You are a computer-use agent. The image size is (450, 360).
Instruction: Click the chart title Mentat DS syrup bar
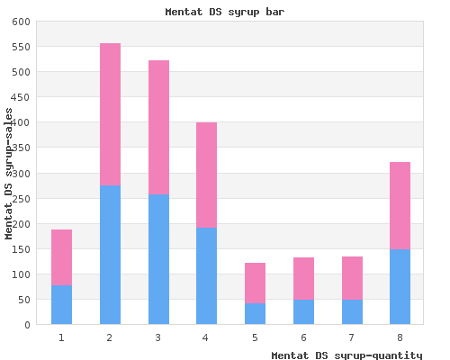pos(225,12)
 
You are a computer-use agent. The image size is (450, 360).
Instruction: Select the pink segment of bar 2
pos(110,114)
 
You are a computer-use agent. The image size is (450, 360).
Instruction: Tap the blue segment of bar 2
pos(110,255)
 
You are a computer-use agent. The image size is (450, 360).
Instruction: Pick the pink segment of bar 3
pos(158,128)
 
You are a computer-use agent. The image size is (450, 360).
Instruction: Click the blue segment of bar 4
pos(206,276)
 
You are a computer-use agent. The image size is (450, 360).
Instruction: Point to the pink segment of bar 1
pos(61,257)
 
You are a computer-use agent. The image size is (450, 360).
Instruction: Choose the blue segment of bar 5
pos(255,314)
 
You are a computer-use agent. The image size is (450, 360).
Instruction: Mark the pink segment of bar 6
pos(303,278)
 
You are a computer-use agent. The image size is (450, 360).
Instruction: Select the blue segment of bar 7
pos(352,312)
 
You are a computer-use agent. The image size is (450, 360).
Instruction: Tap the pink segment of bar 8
pos(400,206)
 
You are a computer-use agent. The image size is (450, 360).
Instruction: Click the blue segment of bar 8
pos(400,287)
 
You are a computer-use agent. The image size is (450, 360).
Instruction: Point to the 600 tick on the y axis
pos(21,22)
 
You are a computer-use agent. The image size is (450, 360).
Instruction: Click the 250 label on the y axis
pos(21,199)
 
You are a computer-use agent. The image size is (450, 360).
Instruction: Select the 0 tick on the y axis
pos(28,325)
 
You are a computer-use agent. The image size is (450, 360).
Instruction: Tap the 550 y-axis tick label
pos(21,47)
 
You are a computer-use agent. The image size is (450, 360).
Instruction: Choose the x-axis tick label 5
pos(255,337)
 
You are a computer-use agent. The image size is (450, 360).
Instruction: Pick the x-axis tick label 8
pos(400,337)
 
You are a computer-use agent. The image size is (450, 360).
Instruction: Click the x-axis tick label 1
pos(61,337)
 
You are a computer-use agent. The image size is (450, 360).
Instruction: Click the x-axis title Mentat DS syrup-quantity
pos(346,355)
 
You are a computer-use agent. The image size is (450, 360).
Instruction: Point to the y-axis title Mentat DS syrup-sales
pos(8,174)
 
